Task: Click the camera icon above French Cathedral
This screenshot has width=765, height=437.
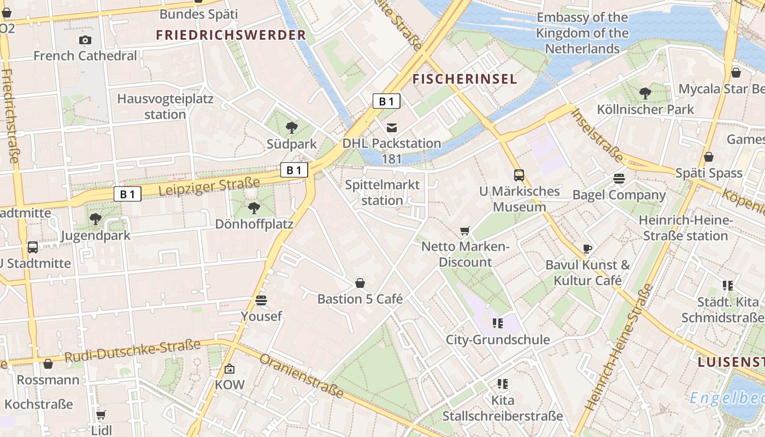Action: tap(85, 40)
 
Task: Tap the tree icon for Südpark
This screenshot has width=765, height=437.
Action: tap(292, 128)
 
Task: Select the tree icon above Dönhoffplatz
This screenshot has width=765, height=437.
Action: tap(254, 208)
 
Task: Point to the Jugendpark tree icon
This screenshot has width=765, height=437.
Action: tap(96, 220)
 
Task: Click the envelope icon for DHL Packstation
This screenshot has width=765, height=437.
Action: tap(392, 128)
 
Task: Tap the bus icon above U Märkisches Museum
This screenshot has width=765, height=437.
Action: tap(519, 175)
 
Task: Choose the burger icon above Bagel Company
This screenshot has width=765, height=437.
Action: tap(619, 179)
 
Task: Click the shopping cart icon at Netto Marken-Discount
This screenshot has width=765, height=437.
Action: tap(465, 231)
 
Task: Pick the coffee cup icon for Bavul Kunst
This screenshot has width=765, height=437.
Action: tap(587, 249)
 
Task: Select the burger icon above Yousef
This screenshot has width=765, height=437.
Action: tap(261, 300)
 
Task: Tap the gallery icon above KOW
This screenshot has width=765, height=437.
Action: tap(229, 369)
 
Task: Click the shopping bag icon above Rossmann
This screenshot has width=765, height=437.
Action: tap(48, 364)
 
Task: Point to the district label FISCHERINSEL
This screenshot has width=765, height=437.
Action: tap(464, 79)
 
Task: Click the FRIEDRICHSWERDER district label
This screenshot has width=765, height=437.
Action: tap(231, 36)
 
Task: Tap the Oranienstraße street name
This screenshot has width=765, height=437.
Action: tap(302, 376)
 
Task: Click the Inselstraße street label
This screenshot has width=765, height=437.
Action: tap(597, 134)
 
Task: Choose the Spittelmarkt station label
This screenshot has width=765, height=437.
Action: tap(382, 192)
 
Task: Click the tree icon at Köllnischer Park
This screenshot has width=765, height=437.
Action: tap(645, 93)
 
